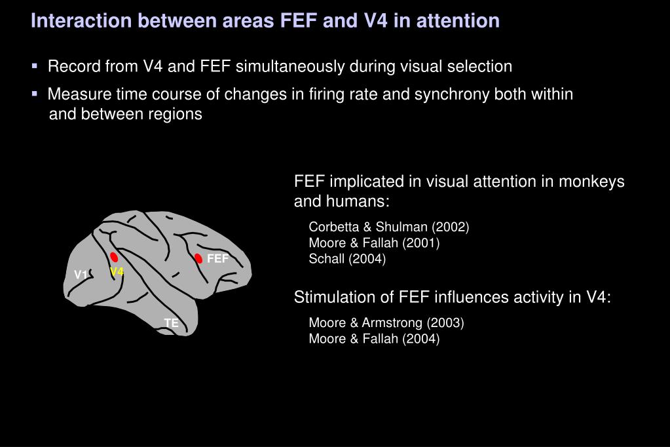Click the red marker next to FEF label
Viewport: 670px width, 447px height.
pos(198,258)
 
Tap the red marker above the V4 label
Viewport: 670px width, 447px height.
pos(114,257)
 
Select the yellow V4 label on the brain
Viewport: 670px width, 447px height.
pos(117,271)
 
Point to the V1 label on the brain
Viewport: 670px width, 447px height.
pos(81,275)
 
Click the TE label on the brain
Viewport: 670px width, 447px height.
pos(171,323)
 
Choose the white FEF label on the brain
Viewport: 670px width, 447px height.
pos(217,259)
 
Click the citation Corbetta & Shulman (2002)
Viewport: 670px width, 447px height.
pos(389,227)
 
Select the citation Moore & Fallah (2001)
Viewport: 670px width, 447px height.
pos(374,243)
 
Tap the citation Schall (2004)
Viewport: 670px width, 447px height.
pos(347,259)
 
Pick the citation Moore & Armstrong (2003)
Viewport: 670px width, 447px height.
pos(386,322)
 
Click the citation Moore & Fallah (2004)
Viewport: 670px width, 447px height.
pos(374,338)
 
